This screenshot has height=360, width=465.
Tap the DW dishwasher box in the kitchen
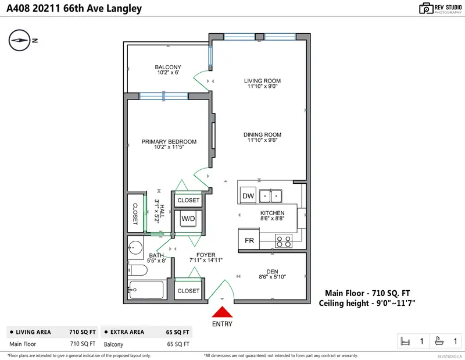point(248,195)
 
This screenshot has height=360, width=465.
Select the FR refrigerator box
point(248,240)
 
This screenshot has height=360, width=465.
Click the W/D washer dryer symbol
point(188,219)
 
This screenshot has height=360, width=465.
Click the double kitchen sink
point(271,195)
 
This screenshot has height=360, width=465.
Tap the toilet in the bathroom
point(136,270)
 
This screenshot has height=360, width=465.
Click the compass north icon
point(20,40)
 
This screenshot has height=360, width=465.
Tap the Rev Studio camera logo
point(425,8)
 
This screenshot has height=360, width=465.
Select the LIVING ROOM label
point(262,81)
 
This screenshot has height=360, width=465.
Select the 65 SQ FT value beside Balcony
point(178,344)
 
